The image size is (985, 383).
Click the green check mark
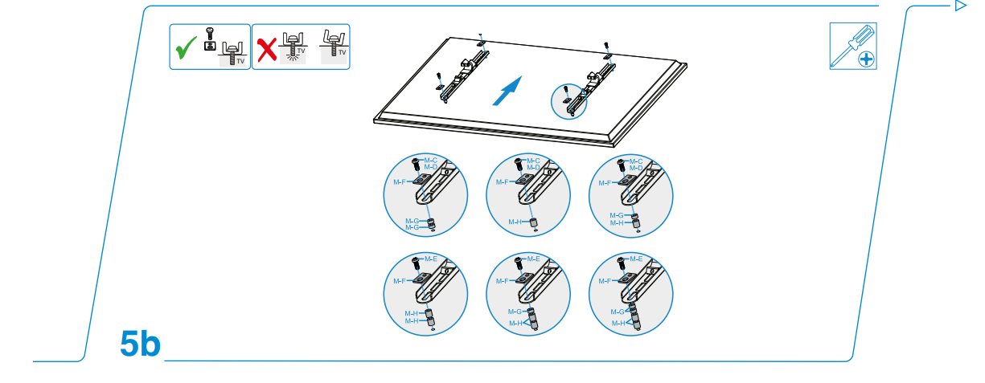click(x=187, y=49)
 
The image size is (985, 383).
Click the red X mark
click(x=265, y=50)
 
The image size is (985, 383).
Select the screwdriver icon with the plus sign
click(x=852, y=46)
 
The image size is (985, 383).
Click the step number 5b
click(x=141, y=344)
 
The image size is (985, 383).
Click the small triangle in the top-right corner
click(x=959, y=6)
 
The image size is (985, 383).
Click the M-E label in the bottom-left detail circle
click(x=431, y=259)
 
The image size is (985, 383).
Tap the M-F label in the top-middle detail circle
click(x=503, y=182)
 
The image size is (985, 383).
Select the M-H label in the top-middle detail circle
click(x=515, y=222)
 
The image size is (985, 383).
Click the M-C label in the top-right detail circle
click(x=636, y=161)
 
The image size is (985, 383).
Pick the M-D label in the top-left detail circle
click(x=430, y=167)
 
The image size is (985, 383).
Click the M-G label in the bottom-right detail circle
click(x=617, y=312)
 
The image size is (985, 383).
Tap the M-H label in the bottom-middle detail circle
click(x=515, y=323)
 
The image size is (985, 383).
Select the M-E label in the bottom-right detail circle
click(x=635, y=259)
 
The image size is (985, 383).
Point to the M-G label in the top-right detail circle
click(x=616, y=215)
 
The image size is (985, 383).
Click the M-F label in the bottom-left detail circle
click(x=400, y=281)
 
